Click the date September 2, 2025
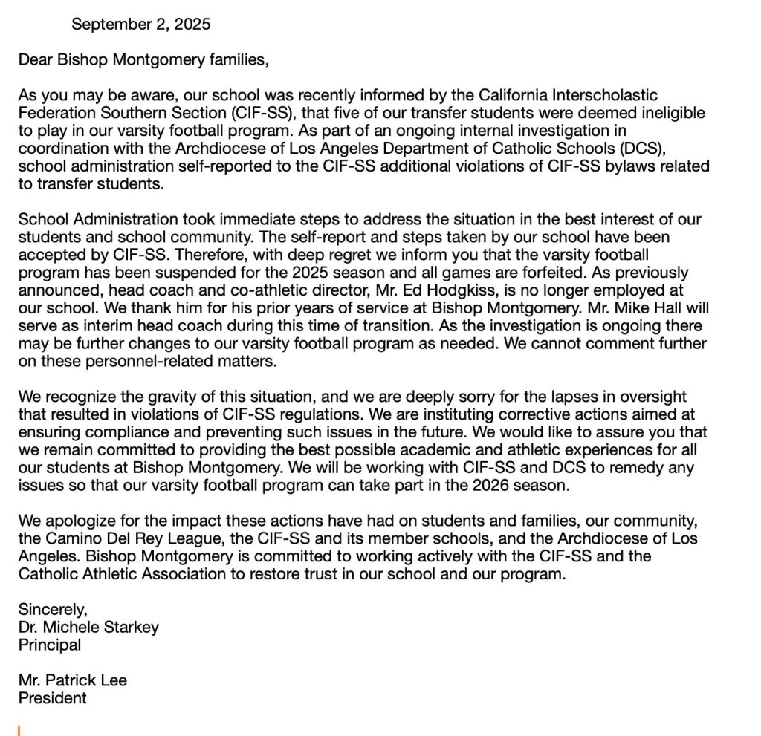tap(140, 24)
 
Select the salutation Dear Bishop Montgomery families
tap(143, 59)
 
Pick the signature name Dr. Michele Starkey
tap(88, 627)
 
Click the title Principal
tap(50, 645)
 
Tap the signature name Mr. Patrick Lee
tap(73, 680)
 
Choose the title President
tap(52, 698)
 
